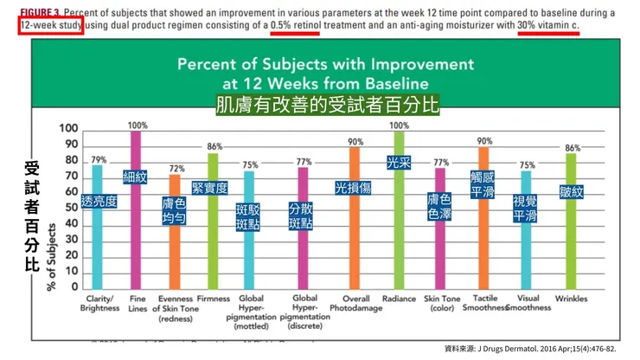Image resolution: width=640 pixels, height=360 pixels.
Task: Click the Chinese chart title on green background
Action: click(x=326, y=106)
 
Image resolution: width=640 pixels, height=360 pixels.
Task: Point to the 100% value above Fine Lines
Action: click(x=138, y=125)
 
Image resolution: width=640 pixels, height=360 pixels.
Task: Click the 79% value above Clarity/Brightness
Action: click(x=99, y=159)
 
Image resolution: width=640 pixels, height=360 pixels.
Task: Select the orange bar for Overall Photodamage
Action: click(x=355, y=225)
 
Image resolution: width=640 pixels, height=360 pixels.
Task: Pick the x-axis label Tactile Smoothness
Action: click(x=483, y=303)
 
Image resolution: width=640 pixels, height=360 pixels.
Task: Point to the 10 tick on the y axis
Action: click(x=69, y=270)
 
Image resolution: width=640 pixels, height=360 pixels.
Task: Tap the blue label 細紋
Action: click(x=136, y=177)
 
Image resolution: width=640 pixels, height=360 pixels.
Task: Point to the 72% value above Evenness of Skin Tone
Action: click(x=176, y=169)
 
